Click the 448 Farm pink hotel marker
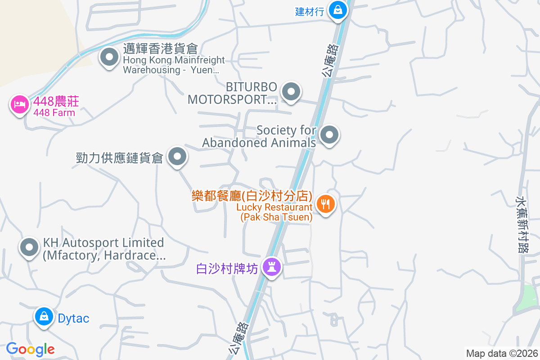click(19, 104)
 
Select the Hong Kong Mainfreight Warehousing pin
click(109, 57)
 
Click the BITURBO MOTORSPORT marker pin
click(291, 92)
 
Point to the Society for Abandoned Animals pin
click(329, 135)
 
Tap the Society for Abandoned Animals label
click(259, 136)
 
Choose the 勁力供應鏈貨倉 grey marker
click(177, 157)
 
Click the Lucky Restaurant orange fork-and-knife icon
click(325, 204)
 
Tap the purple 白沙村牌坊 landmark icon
click(271, 267)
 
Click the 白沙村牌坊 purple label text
click(227, 269)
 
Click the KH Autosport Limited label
click(103, 249)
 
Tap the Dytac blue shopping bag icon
click(44, 317)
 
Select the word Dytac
click(74, 318)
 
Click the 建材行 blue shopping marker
click(337, 10)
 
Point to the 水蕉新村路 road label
click(522, 223)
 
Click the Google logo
click(30, 349)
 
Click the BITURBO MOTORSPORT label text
click(232, 93)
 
